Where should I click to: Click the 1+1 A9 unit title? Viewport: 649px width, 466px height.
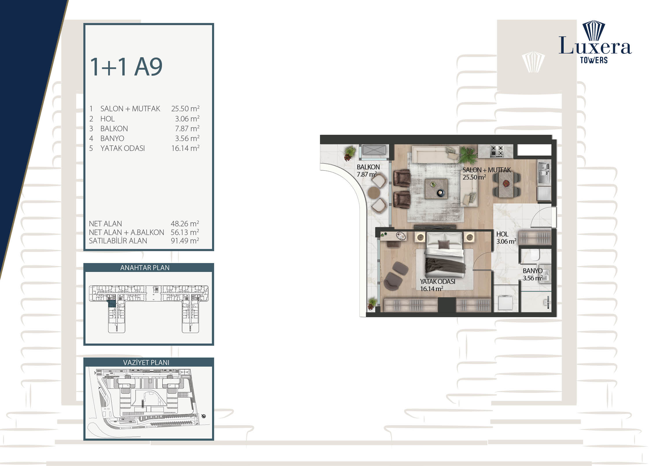pyautogui.click(x=126, y=67)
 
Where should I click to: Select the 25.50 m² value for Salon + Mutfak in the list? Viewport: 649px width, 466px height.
pyautogui.click(x=185, y=109)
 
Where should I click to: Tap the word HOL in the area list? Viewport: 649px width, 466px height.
pyautogui.click(x=108, y=119)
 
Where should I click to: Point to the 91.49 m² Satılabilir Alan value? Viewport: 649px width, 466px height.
pyautogui.click(x=185, y=241)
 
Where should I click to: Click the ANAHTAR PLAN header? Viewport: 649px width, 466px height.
pyautogui.click(x=145, y=268)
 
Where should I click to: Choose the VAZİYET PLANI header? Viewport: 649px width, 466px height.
pyautogui.click(x=146, y=363)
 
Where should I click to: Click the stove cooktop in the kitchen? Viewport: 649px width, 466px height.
pyautogui.click(x=497, y=151)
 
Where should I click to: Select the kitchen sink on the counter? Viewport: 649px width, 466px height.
pyautogui.click(x=544, y=172)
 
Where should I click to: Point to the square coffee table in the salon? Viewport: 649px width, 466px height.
pyautogui.click(x=436, y=188)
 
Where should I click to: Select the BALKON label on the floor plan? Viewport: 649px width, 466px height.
pyautogui.click(x=368, y=167)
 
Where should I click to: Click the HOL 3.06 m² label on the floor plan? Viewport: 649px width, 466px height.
pyautogui.click(x=506, y=238)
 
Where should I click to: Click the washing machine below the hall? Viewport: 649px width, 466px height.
pyautogui.click(x=506, y=302)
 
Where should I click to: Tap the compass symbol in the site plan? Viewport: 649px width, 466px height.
pyautogui.click(x=204, y=416)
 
